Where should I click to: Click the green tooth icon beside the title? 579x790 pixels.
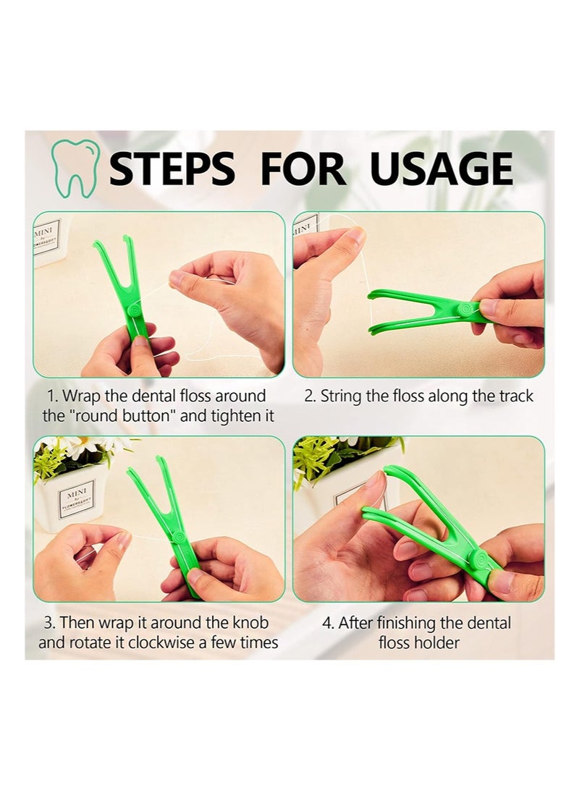(75, 169)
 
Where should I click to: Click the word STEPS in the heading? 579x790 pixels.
(172, 169)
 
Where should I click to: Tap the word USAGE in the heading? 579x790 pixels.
(441, 169)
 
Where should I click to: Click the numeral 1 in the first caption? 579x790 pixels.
(51, 396)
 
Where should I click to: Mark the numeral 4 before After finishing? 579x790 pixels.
(327, 623)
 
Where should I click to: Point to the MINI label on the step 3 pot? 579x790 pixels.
(80, 495)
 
